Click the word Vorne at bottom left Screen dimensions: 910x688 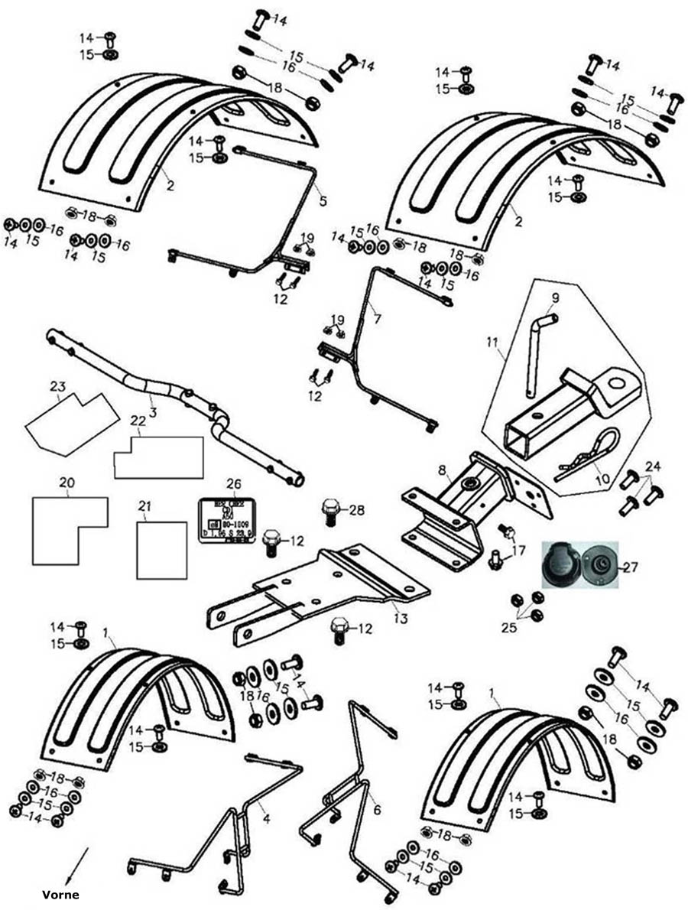tap(60, 894)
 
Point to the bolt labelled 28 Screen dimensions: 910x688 tap(331, 512)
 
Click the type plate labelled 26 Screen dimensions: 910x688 tap(229, 521)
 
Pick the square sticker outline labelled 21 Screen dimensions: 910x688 tap(162, 550)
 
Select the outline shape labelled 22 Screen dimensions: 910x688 tap(158, 457)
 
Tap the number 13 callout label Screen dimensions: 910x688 tap(400, 618)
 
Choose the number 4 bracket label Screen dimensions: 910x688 tap(266, 818)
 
